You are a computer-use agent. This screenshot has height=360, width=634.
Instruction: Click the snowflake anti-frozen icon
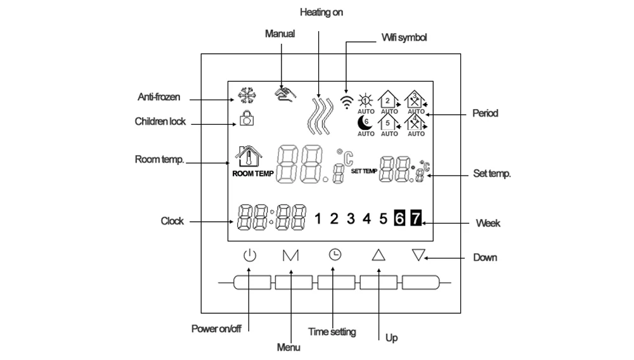[247, 96]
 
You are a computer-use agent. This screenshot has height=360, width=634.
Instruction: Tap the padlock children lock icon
[247, 118]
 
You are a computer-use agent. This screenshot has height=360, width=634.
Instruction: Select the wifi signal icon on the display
[347, 102]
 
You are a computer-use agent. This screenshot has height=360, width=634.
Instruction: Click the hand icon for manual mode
[285, 94]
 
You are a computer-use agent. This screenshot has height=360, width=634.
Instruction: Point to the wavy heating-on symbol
[320, 115]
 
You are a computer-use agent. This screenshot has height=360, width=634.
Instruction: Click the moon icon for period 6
[365, 122]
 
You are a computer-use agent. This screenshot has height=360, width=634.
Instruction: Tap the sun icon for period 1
[366, 100]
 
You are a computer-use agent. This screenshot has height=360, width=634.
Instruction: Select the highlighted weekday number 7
[416, 218]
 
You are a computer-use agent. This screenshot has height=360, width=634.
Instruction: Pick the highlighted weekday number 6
[399, 218]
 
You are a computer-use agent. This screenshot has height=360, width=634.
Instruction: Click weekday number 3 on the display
[351, 219]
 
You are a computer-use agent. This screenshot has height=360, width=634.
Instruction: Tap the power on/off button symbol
[249, 255]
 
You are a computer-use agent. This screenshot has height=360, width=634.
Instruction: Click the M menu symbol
[291, 255]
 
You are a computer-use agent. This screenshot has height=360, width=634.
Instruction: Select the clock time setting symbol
[335, 255]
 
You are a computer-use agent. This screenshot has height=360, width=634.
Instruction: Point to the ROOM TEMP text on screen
[253, 174]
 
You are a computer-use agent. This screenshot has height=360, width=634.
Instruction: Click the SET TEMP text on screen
[364, 171]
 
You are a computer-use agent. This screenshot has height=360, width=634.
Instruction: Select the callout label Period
[485, 113]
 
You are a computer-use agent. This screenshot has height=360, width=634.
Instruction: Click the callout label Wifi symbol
[404, 37]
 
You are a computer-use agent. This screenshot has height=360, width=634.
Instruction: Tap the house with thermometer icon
[249, 157]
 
